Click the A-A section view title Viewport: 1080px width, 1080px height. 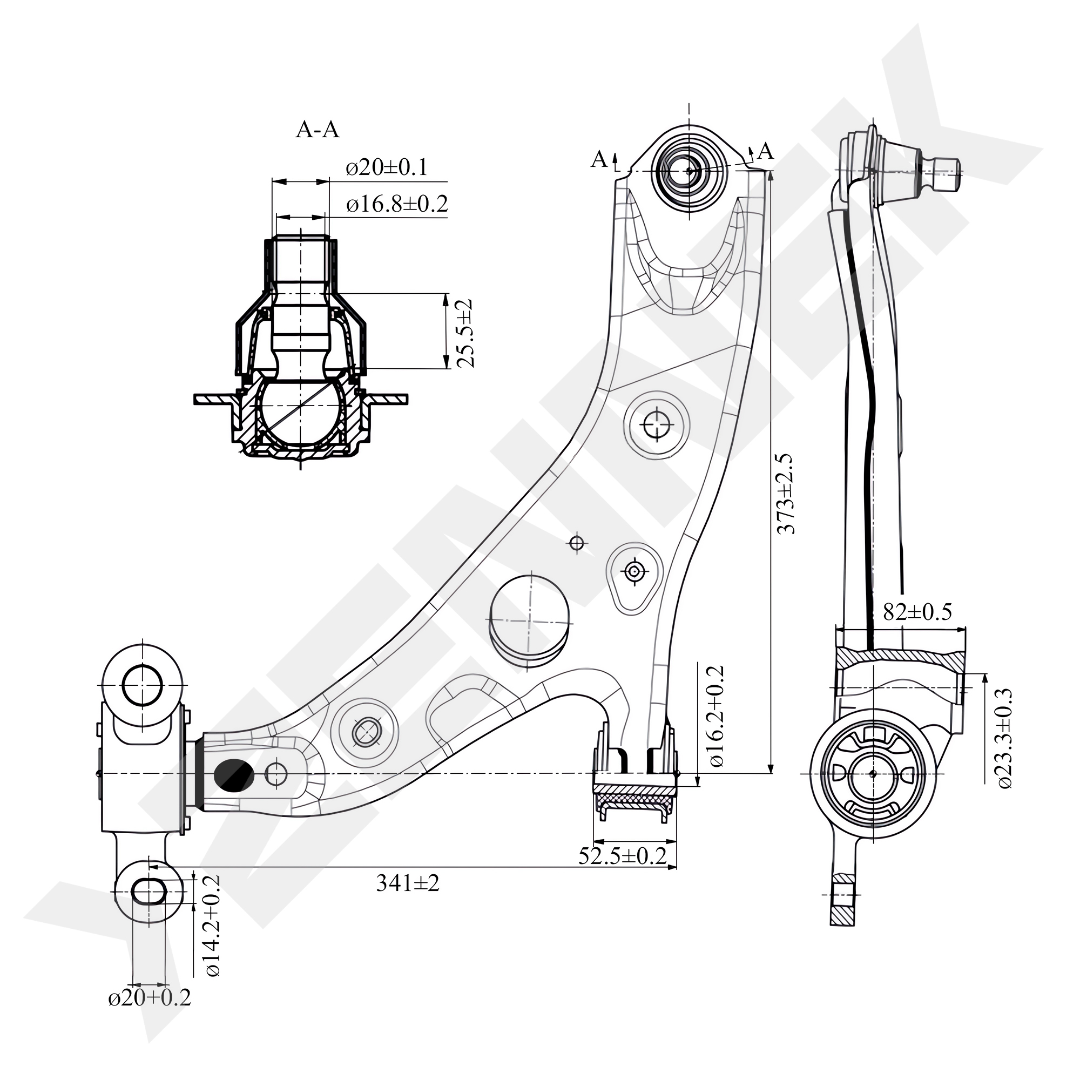317,130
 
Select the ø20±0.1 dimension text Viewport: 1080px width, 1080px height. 387,168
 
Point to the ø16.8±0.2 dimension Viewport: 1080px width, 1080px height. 397,204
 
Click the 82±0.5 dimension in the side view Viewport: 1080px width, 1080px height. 917,612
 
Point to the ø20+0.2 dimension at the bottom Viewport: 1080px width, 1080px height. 149,998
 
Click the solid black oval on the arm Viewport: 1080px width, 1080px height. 234,775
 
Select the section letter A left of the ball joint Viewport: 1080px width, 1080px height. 599,160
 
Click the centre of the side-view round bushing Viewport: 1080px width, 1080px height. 873,774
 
